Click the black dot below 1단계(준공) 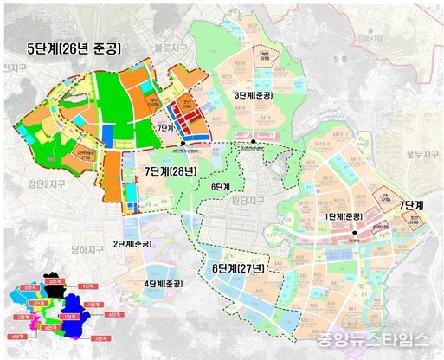click(355, 233)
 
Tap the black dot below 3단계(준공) click(253, 141)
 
